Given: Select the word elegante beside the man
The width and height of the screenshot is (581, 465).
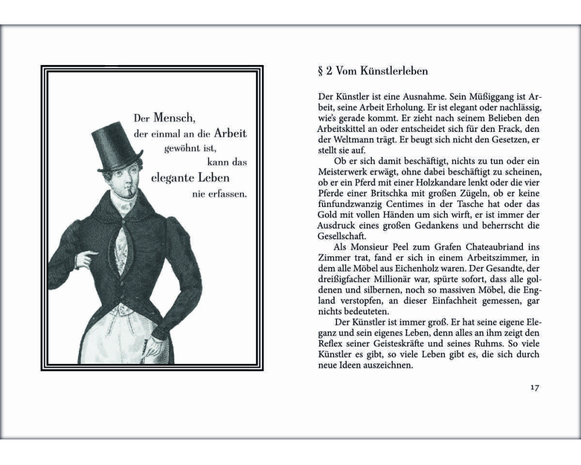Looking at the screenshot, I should (175, 178).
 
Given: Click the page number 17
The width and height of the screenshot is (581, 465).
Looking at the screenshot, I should (535, 388).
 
